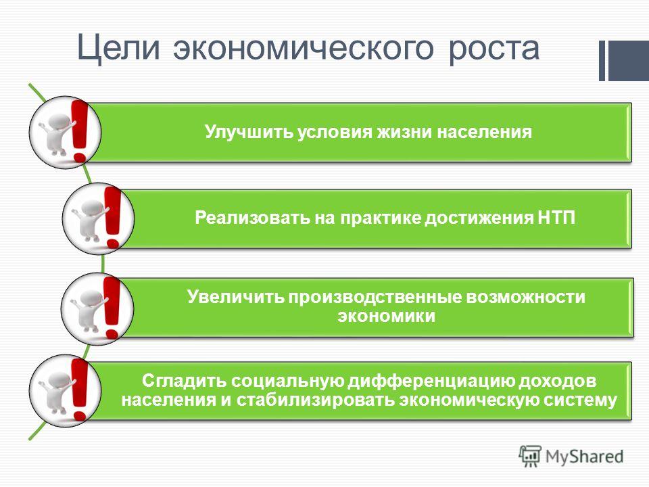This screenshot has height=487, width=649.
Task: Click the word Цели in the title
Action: pyautogui.click(x=118, y=49)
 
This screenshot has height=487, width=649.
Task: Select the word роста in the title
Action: pyautogui.click(x=494, y=49)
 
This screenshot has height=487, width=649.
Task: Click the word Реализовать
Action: pyautogui.click(x=252, y=218)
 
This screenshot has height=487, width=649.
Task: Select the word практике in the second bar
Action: pyautogui.click(x=381, y=218)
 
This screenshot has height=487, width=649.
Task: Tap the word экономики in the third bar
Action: pyautogui.click(x=386, y=317)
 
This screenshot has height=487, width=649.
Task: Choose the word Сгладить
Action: pyautogui.click(x=184, y=381)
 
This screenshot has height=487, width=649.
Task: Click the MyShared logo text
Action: pyautogui.click(x=584, y=457)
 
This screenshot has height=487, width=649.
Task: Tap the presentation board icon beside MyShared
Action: pyautogui.click(x=530, y=456)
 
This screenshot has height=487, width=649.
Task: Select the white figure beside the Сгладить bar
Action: pyautogui.click(x=56, y=392)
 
